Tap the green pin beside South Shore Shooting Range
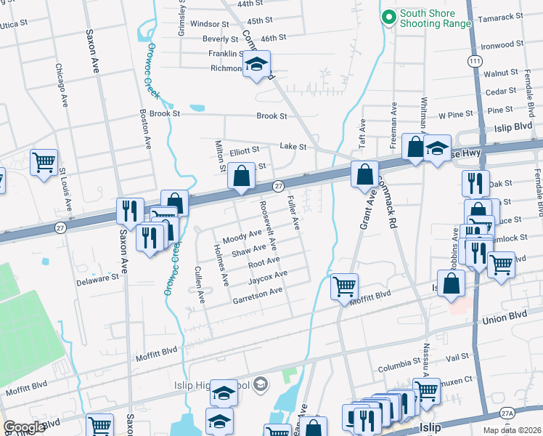pyautogui.click(x=388, y=15)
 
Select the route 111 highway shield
pyautogui.click(x=474, y=63)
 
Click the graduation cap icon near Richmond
pyautogui.click(x=256, y=65)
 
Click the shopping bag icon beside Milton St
pyautogui.click(x=240, y=175)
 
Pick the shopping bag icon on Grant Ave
pyautogui.click(x=364, y=174)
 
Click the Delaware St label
pyautogui.click(x=99, y=278)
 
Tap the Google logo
pyautogui.click(x=24, y=427)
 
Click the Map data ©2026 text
pyautogui.click(x=511, y=430)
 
